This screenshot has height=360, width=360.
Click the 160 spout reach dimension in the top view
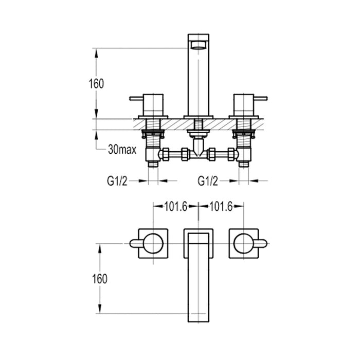[x=100, y=278]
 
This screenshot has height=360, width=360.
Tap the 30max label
[x=122, y=150]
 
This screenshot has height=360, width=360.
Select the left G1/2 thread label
[x=117, y=181]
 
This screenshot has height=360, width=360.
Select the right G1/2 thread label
[x=208, y=181]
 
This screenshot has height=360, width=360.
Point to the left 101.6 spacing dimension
[x=175, y=206]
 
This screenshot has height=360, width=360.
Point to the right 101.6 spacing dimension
[x=221, y=206]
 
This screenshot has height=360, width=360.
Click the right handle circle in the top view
[x=244, y=242]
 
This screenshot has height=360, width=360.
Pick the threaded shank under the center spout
[x=199, y=126]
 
